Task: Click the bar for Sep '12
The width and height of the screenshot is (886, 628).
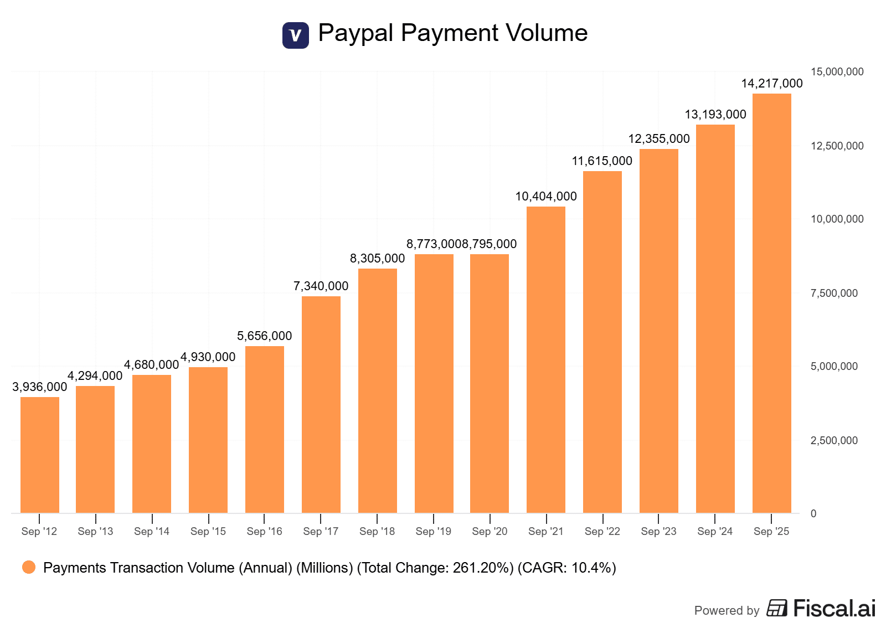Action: coord(39,455)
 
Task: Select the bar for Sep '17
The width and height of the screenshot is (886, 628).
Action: coord(321,404)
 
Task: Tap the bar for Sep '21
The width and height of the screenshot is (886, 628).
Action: coord(545,360)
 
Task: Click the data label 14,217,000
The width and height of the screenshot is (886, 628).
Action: coord(771,84)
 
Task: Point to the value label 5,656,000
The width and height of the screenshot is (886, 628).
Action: coord(264,336)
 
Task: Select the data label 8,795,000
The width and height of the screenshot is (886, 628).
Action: coord(490,244)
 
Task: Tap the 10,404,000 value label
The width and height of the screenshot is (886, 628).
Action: coord(545,197)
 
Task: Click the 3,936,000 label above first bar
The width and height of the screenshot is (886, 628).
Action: coord(39,387)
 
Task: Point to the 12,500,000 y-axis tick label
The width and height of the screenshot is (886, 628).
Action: coord(837,146)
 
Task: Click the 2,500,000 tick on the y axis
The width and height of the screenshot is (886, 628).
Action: coord(834,440)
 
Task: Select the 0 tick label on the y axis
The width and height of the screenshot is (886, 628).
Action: coord(813,513)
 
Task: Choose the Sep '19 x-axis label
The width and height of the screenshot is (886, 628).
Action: coord(433,532)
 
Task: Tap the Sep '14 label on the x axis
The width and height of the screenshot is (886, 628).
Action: coord(151,532)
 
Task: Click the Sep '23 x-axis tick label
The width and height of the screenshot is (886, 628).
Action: coord(658,532)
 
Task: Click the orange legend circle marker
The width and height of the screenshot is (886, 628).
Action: coord(29,567)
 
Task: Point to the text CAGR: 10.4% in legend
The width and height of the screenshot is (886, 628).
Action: coord(566,568)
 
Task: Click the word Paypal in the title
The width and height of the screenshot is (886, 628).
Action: coord(356,33)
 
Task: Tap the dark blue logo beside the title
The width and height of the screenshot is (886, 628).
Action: coord(296,35)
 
